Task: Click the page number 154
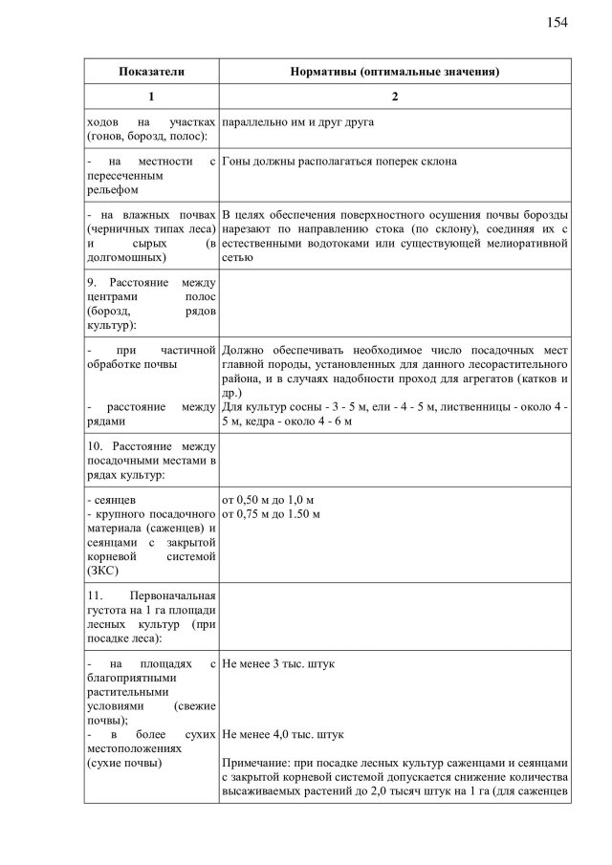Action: click(557, 22)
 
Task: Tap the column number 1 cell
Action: click(151, 97)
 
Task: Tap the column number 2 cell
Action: click(395, 97)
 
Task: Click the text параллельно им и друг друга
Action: click(297, 122)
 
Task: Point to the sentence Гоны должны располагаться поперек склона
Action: click(339, 162)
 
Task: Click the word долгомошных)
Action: click(125, 257)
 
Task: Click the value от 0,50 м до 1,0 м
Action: click(268, 500)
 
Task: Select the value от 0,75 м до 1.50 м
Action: click(271, 514)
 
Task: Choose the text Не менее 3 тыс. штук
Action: click(278, 662)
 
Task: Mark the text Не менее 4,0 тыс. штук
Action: click(282, 735)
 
